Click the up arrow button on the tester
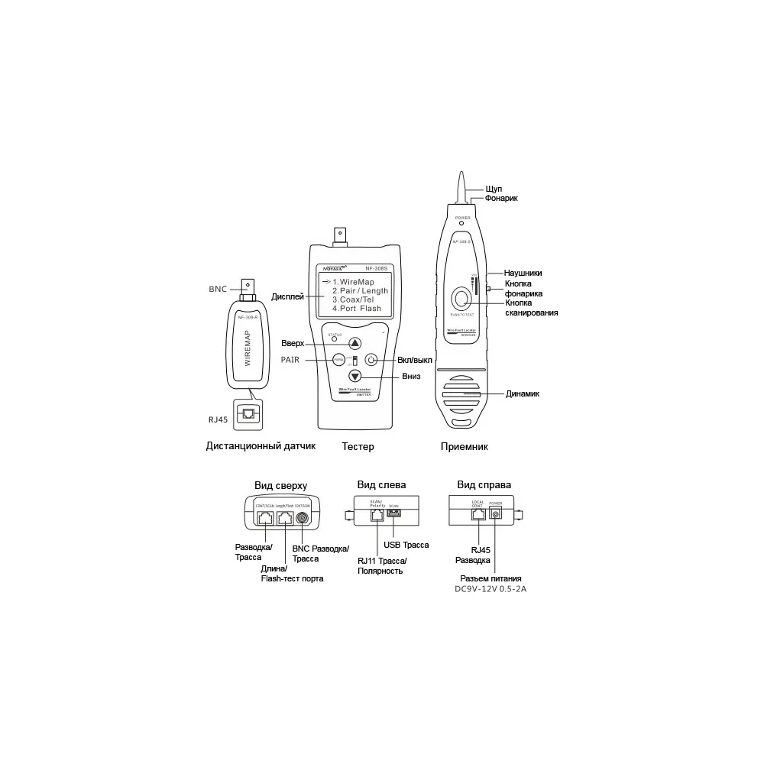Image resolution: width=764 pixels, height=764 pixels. coord(354,344)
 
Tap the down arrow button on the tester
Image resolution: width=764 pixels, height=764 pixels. coord(354,376)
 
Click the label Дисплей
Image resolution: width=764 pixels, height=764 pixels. coord(288,296)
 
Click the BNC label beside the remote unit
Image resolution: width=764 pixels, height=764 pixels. coord(218,290)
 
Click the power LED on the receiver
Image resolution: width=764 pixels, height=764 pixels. coord(462,223)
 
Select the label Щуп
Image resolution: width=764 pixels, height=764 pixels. coord(494,189)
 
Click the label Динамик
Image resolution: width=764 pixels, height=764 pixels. coord(523,394)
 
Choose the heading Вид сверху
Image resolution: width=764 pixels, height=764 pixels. coord(280,485)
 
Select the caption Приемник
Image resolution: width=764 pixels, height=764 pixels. coord(464,447)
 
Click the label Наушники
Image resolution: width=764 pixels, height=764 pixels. coord(523,273)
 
